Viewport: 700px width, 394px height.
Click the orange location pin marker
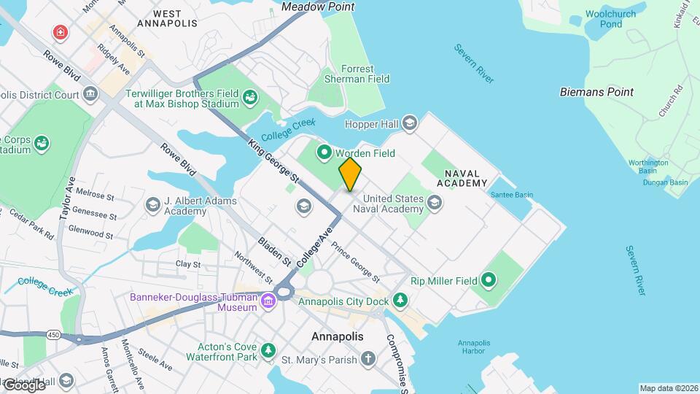click(x=350, y=174)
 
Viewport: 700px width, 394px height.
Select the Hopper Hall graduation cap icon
click(x=410, y=124)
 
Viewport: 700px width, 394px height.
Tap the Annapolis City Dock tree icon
click(x=400, y=300)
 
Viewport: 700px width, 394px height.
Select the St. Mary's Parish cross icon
click(x=369, y=359)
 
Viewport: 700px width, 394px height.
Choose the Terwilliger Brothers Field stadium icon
click(x=249, y=97)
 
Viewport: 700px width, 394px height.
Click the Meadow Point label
click(x=318, y=7)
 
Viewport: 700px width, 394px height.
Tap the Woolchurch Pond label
click(x=610, y=19)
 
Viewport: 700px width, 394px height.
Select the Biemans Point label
click(x=596, y=93)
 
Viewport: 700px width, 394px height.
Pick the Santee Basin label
click(x=512, y=196)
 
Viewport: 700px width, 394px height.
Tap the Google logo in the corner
click(x=23, y=385)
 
